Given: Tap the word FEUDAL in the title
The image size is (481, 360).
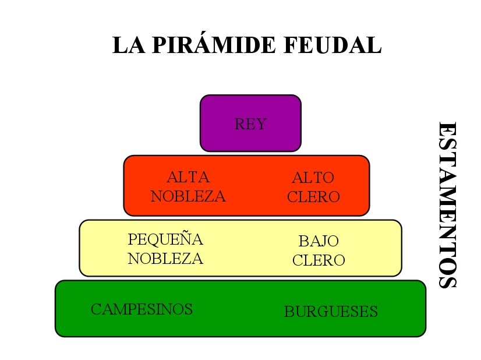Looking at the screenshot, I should (333, 45).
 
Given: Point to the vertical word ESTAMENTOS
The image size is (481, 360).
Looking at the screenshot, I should (447, 205).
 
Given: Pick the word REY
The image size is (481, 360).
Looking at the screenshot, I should (250, 124).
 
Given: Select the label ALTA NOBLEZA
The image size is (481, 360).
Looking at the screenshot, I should (188, 186).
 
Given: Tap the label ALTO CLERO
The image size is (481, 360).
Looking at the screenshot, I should (313, 186).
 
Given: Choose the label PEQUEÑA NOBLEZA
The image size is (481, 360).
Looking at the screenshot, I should (165, 249).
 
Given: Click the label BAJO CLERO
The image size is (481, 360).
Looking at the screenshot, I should (319, 250).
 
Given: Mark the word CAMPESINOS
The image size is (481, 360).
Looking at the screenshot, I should (142, 309).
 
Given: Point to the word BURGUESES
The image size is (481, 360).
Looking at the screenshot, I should (331, 312).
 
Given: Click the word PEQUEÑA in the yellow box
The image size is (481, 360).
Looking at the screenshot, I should (165, 239).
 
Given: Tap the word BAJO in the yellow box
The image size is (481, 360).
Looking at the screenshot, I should (319, 241).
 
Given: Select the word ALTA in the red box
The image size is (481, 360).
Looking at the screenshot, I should (188, 177).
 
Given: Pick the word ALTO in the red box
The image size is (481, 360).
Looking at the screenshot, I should (313, 177).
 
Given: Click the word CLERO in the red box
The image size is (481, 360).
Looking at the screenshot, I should (313, 196).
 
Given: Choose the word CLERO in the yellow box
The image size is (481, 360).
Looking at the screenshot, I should (319, 260).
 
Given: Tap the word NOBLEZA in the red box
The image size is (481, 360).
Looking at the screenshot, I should (188, 196).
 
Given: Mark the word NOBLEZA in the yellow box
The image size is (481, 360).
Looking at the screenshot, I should (165, 259).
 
